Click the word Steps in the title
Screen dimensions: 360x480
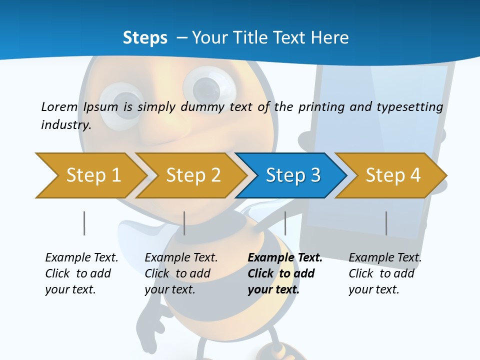145,38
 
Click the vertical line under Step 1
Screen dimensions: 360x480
84,223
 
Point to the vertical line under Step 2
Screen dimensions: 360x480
184,223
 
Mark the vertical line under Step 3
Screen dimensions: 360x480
285,223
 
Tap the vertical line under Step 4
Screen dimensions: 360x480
386,223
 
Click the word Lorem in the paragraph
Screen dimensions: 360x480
59,106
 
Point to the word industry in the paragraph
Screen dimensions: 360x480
65,125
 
